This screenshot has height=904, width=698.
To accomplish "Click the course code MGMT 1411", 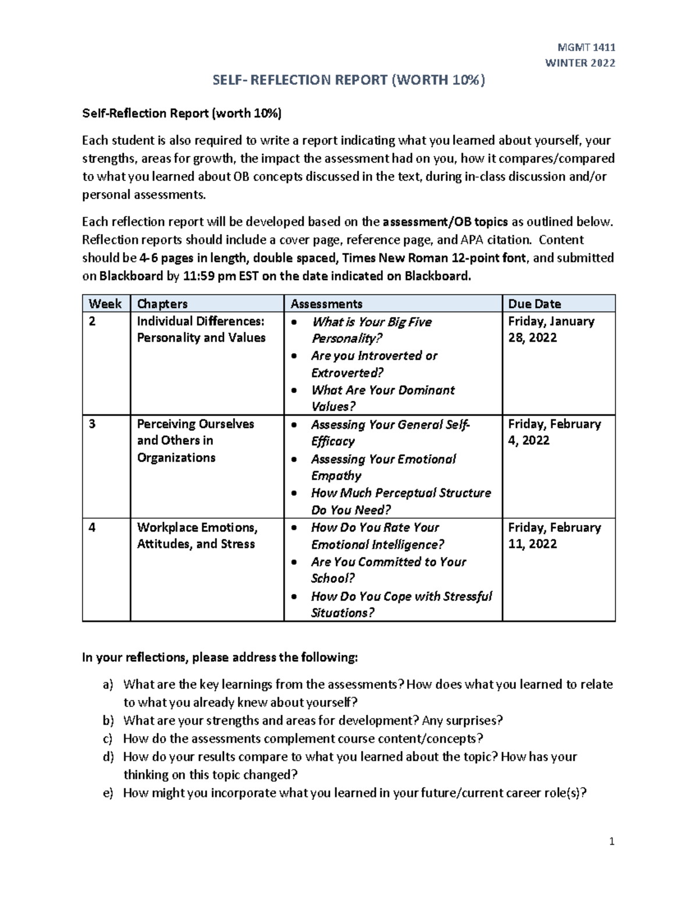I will point(586,47).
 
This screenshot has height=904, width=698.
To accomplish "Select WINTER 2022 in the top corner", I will point(579,63).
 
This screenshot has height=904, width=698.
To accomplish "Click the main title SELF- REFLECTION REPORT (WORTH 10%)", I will point(349,80).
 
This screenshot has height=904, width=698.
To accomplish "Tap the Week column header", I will point(105,303).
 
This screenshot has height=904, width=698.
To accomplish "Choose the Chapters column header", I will point(162,303).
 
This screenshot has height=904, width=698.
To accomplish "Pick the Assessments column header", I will point(326,303).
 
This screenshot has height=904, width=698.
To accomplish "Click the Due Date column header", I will point(535,303).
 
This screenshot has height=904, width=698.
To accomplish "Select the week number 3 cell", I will point(92,424).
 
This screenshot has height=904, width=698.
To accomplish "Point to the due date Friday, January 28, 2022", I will point(551,329).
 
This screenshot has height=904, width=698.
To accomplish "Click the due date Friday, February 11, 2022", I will point(554,536).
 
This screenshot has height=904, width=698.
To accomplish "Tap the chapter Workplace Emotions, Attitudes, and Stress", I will point(197,536).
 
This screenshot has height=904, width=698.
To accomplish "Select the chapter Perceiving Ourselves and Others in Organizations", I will point(195,441).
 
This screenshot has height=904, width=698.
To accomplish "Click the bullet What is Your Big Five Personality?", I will point(371,330).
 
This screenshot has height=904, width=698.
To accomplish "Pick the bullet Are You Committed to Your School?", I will point(388,570).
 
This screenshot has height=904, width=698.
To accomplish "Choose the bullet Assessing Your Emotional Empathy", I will point(383,467).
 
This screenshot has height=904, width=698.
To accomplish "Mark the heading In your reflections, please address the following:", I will point(220,658).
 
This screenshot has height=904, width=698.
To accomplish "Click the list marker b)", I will point(108,721).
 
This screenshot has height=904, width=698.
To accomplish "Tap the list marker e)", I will point(108,793).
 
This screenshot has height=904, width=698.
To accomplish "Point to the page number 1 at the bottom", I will point(611,841).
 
